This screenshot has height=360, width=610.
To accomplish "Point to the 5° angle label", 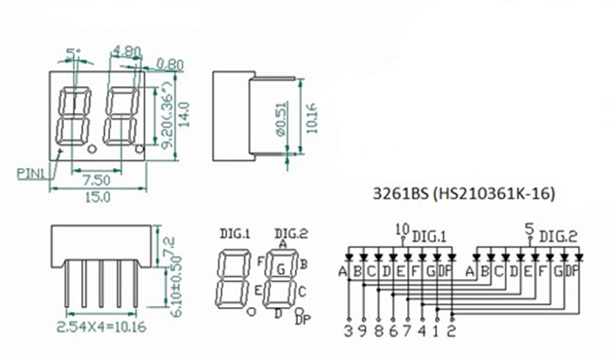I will [73, 53].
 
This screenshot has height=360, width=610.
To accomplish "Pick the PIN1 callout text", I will [31, 172].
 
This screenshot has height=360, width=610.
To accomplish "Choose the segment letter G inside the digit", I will [281, 268].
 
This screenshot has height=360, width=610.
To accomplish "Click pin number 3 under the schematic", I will [349, 331].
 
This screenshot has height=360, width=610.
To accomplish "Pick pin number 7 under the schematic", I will [408, 331].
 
